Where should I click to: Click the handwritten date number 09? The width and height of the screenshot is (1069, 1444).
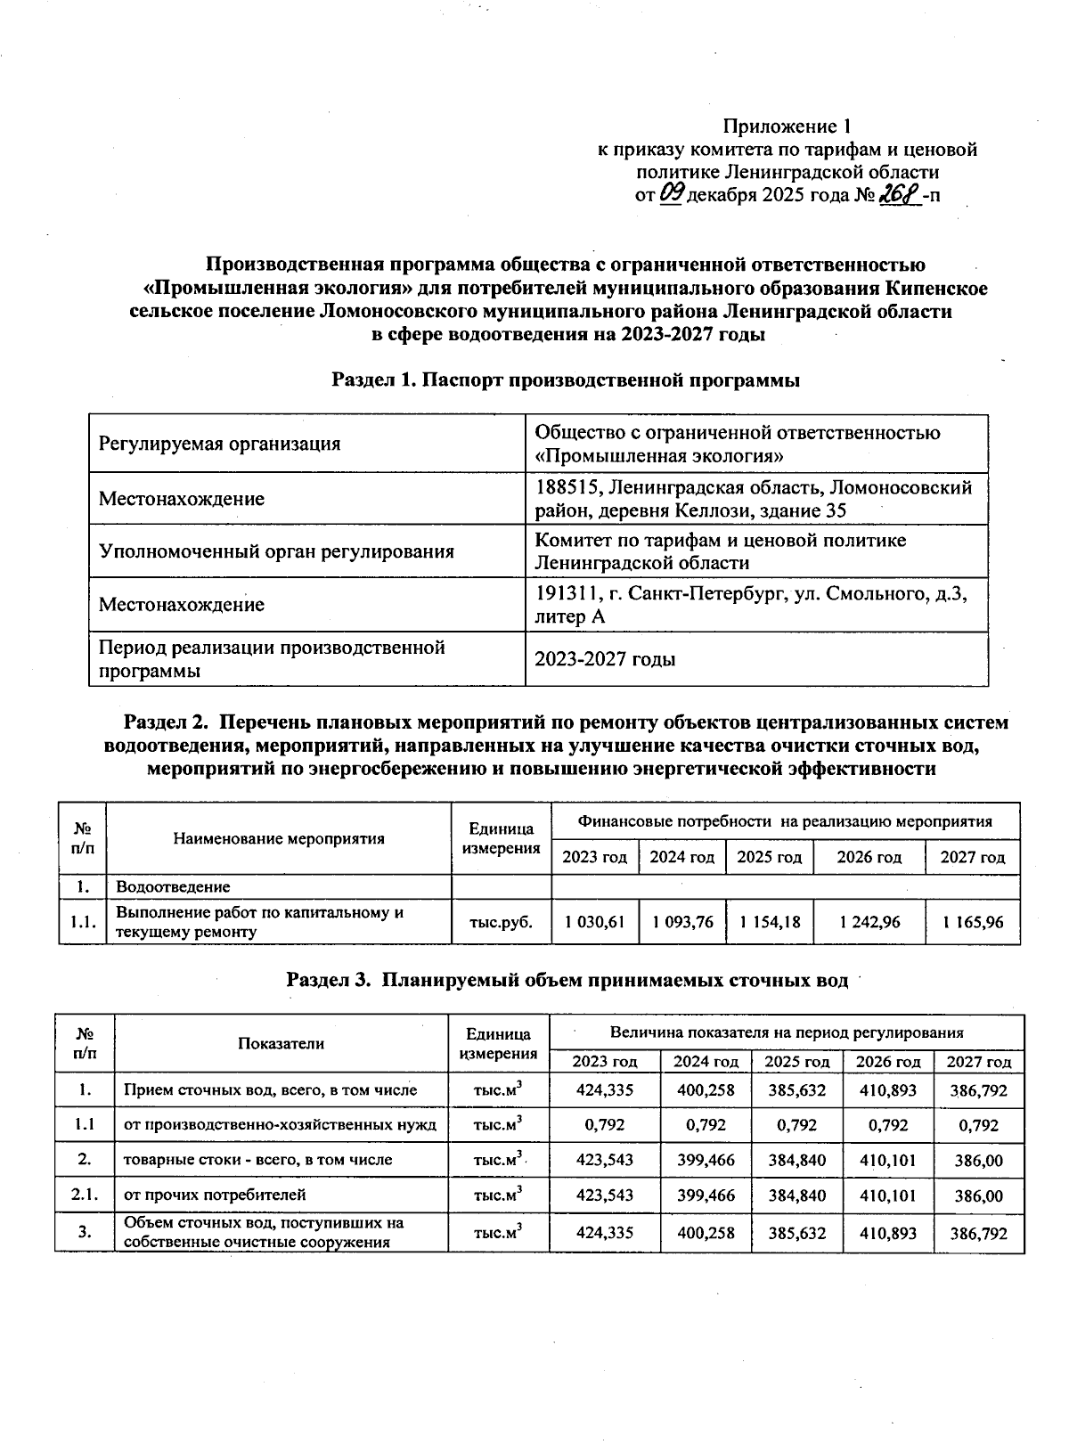[671, 195]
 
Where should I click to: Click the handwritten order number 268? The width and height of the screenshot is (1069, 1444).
[900, 195]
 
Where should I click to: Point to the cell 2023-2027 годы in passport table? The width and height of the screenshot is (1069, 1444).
[604, 659]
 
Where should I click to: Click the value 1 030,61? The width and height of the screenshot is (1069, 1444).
[594, 922]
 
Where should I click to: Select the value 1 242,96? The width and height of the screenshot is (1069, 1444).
[869, 922]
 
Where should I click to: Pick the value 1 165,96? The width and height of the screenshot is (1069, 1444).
[973, 922]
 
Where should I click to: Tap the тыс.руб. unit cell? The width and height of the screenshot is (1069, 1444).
[502, 922]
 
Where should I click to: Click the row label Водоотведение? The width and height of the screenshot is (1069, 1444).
[173, 886]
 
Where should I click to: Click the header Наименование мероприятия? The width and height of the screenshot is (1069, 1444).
[279, 838]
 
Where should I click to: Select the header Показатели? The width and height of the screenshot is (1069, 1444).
[281, 1043]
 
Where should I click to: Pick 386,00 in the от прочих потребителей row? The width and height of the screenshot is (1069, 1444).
[978, 1195]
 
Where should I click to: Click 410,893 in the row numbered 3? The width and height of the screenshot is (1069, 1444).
[887, 1234]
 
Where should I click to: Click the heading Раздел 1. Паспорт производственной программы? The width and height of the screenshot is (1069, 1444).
[566, 380]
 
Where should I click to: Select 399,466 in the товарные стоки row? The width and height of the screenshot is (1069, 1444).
[706, 1160]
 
